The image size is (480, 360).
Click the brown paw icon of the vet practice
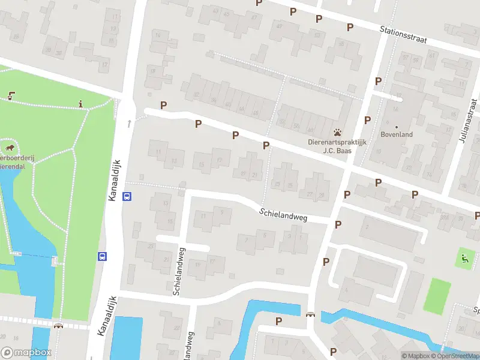coord(338,132)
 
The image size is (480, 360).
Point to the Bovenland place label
coord(397,134)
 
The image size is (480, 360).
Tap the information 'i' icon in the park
coord(81,104)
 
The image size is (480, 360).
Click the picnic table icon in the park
coord(11,94)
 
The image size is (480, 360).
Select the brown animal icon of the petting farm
coord(10,147)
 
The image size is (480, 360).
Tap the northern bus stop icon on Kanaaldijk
coord(127,196)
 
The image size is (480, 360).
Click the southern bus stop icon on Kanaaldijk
coord(102,256)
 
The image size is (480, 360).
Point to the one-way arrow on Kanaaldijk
coord(129,123)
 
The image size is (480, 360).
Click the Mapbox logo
coord(26,353)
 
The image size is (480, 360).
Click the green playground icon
coord(464,259)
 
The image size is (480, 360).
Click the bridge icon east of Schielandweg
coord(310,315)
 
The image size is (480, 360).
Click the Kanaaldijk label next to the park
coord(115,180)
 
